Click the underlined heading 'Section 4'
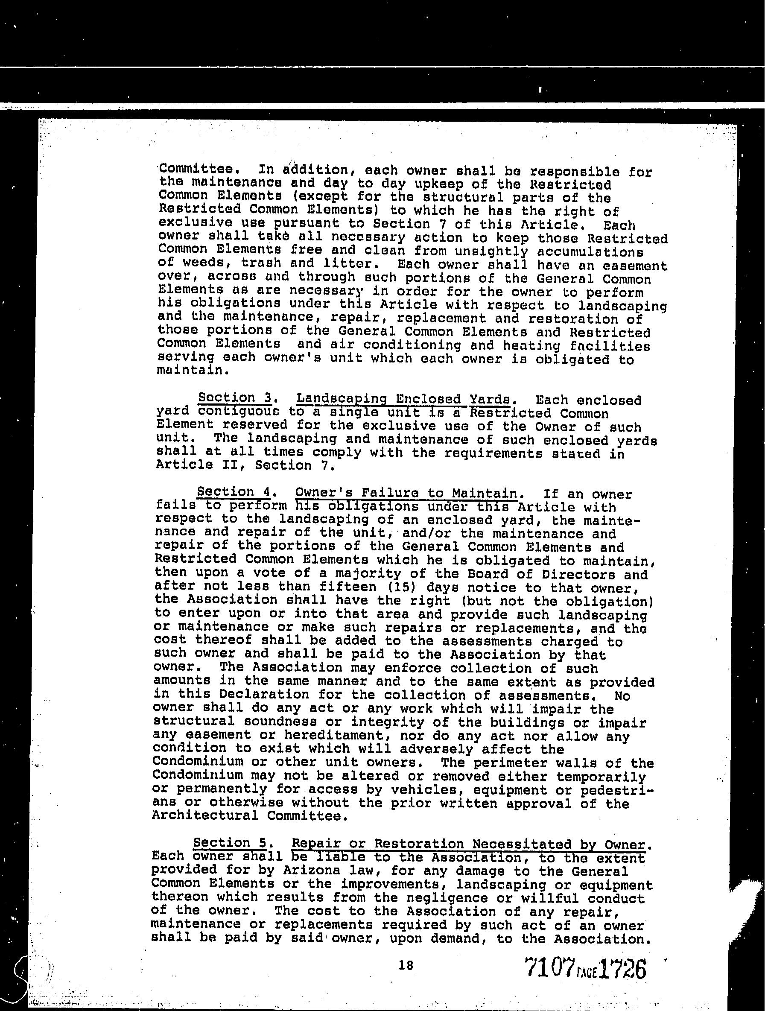point(234,492)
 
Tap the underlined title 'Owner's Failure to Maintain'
point(406,493)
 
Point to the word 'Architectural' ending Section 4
point(205,816)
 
